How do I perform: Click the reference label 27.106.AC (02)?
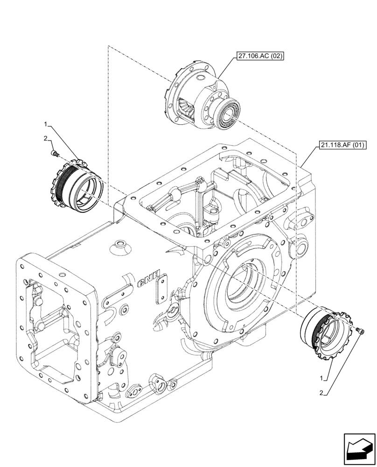[260, 57]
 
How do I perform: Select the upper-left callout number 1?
[46, 124]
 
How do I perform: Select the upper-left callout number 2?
[46, 138]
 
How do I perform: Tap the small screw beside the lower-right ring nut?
[360, 331]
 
